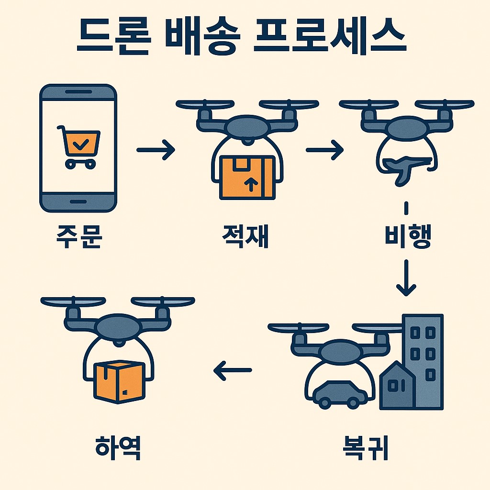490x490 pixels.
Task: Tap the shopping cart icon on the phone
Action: (x=78, y=145)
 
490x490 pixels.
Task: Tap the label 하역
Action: (x=118, y=447)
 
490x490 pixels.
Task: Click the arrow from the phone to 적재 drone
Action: (x=156, y=150)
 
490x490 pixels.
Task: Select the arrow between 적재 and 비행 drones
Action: (x=325, y=150)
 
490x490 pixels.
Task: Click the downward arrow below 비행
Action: (x=406, y=278)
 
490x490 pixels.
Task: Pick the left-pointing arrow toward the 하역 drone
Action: (x=233, y=370)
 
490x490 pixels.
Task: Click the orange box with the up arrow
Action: (x=247, y=177)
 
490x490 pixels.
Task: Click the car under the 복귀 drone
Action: (x=340, y=394)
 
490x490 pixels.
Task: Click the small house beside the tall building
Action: (x=397, y=388)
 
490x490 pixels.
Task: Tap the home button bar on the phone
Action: (x=78, y=200)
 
